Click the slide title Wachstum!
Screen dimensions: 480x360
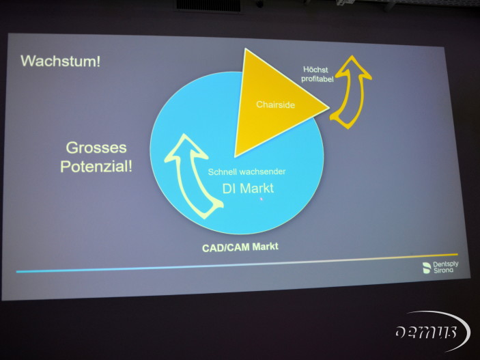coord(60,61)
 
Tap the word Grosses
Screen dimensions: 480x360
coord(96,148)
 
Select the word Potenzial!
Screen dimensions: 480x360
coord(96,167)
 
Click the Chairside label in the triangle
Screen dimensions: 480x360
coord(276,105)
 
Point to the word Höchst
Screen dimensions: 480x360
coord(315,70)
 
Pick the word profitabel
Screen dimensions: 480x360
coord(317,79)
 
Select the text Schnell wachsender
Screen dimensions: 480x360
coord(246,172)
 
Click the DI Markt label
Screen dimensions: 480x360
coord(248,188)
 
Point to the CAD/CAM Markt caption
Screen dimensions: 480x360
coord(240,247)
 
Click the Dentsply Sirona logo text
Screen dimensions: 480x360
coord(446,267)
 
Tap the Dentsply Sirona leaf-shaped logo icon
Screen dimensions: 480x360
coord(427,268)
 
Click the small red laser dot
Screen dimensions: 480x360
coord(261,199)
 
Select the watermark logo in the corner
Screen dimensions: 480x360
coord(432,331)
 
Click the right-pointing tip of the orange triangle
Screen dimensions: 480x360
coord(329,107)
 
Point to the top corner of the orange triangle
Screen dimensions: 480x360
coord(246,49)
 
